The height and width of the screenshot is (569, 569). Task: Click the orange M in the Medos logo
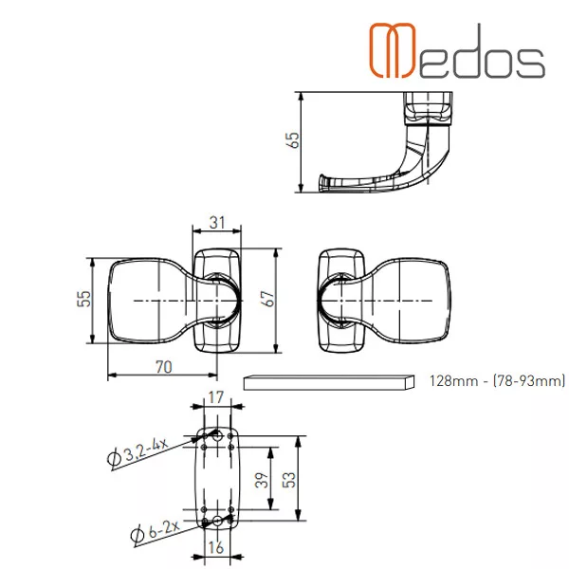(392, 50)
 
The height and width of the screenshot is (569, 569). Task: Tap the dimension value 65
(293, 140)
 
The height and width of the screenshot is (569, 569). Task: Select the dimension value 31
(217, 223)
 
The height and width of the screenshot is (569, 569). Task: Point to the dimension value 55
(84, 299)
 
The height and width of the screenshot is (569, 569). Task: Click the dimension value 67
(268, 299)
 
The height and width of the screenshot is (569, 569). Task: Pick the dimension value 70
(164, 367)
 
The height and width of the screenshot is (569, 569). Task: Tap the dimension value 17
(216, 397)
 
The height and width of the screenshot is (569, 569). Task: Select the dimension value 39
(262, 480)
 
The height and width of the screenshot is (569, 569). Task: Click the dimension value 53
(289, 480)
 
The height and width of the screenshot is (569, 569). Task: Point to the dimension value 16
(216, 547)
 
